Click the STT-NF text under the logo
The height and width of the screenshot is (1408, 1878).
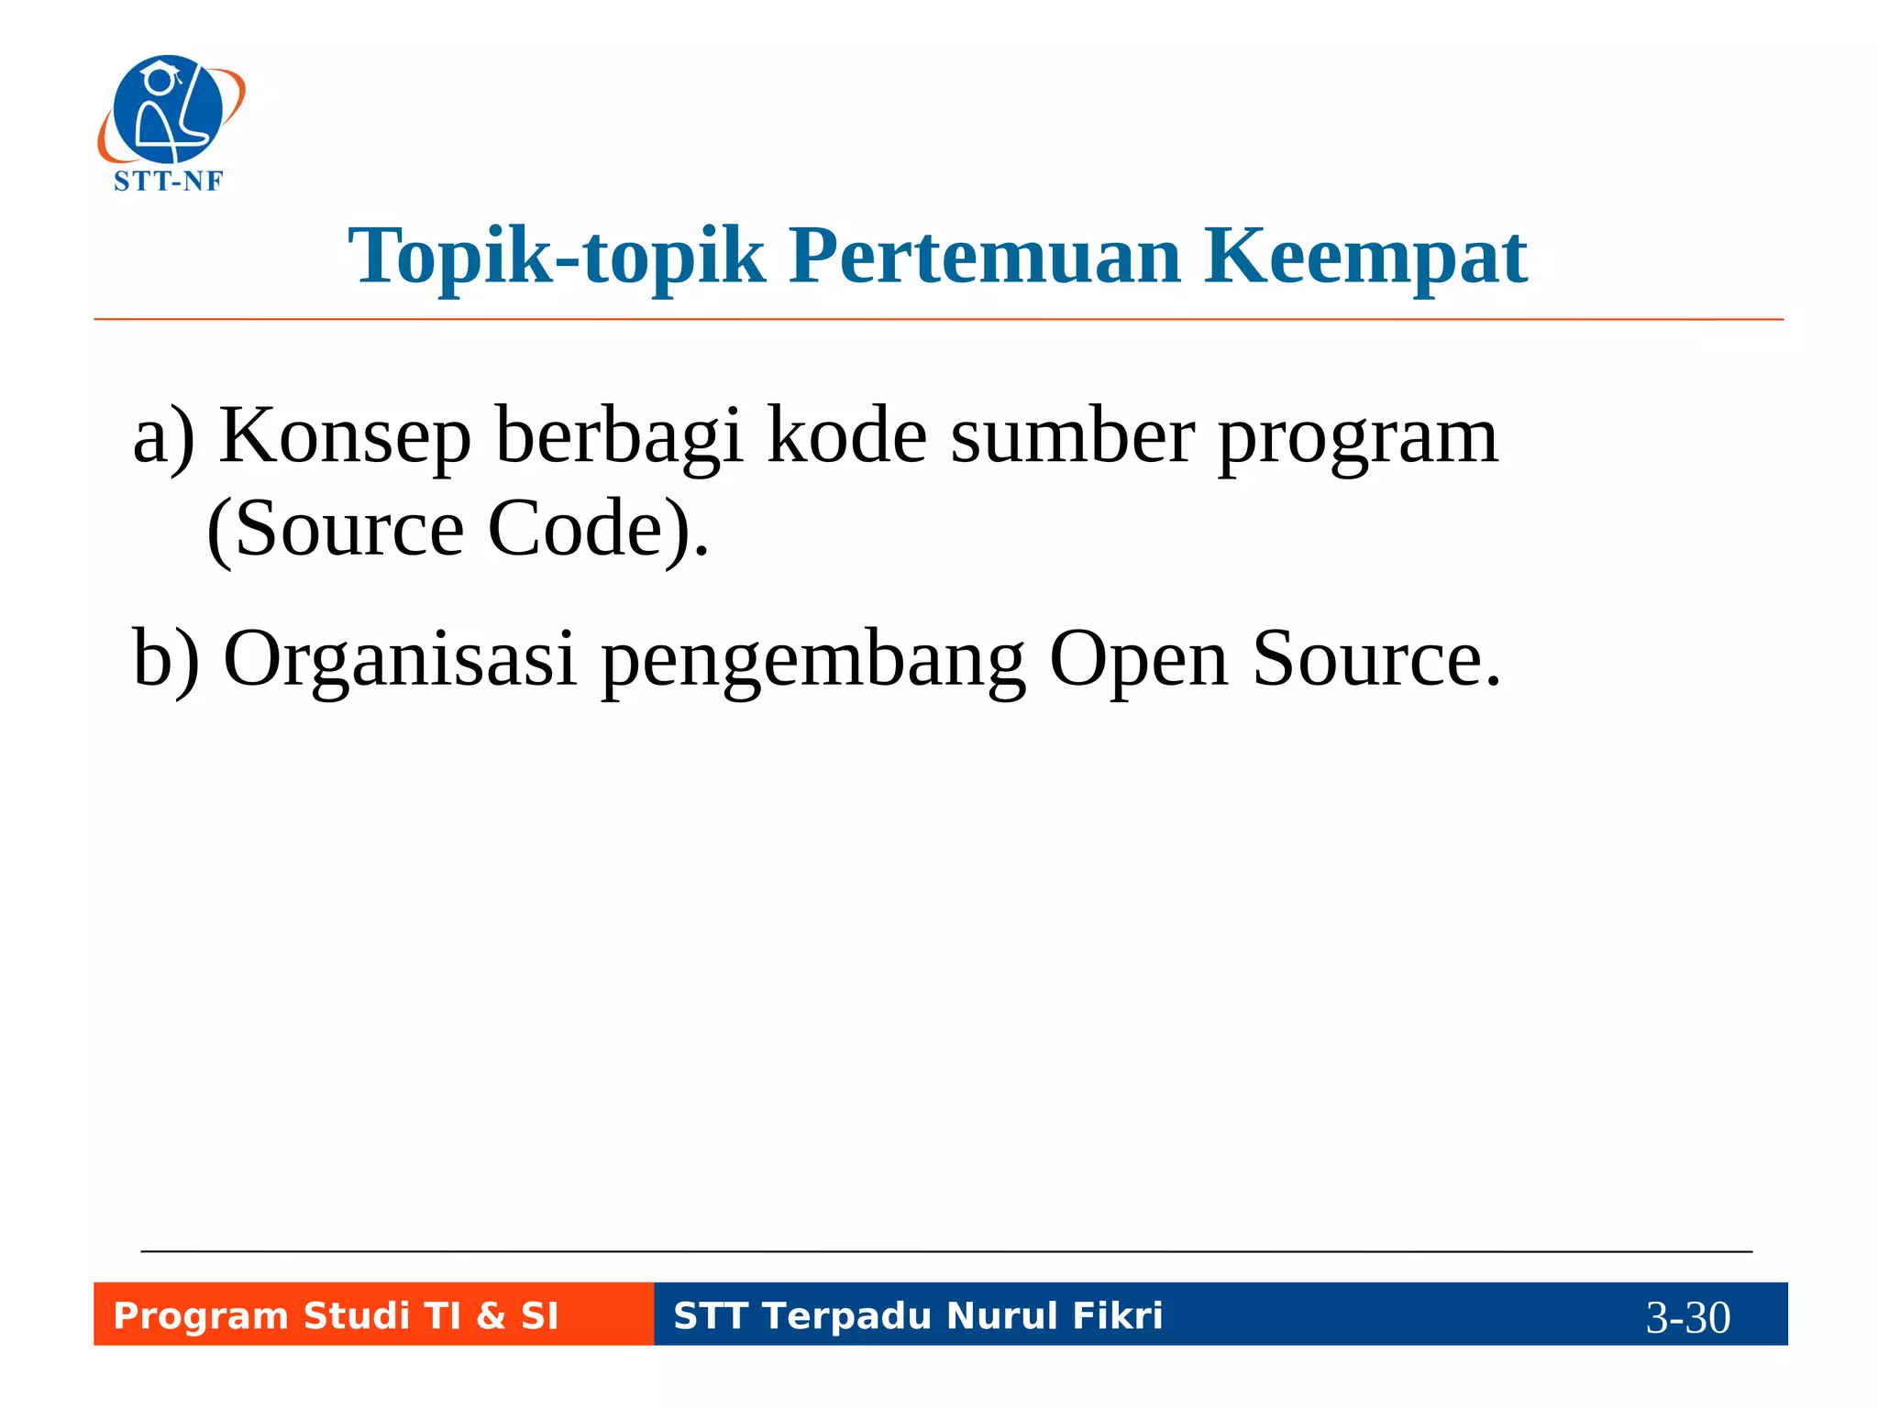(x=168, y=181)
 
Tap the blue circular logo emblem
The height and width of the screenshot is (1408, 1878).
(x=169, y=109)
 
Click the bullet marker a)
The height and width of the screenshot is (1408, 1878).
(x=164, y=437)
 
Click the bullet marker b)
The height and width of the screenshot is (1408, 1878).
(x=166, y=659)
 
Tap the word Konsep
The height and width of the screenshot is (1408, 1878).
(x=346, y=437)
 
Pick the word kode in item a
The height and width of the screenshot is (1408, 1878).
(x=846, y=435)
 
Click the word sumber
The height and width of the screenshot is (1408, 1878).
(x=1072, y=435)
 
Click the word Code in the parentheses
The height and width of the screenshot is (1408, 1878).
(x=577, y=529)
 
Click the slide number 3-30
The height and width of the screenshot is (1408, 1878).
(x=1687, y=1317)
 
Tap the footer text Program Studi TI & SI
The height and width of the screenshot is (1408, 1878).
(x=336, y=1315)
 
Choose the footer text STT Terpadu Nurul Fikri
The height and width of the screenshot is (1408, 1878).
(x=918, y=1315)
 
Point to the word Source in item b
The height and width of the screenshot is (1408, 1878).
(x=1375, y=659)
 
